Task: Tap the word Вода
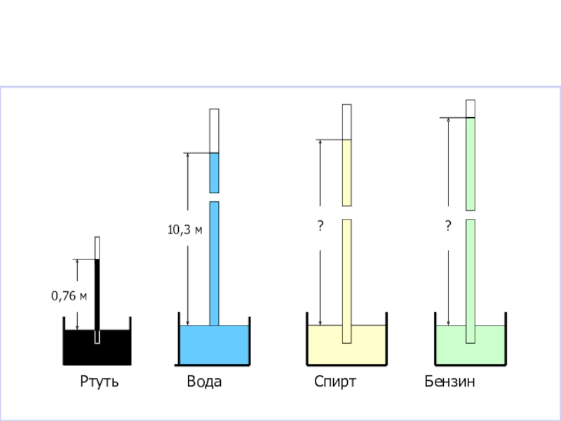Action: tap(204, 382)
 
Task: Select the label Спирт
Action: tap(335, 382)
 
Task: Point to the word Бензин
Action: tap(450, 382)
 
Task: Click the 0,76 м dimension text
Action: tap(69, 296)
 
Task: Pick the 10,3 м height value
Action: tap(184, 229)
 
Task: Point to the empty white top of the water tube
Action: tap(214, 131)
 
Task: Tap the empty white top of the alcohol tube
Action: tap(346, 121)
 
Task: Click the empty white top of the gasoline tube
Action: tap(471, 108)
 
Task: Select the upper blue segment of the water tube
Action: tap(214, 172)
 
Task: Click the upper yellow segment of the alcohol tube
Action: tap(346, 172)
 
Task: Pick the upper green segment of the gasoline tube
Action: tap(471, 163)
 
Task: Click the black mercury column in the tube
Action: tap(97, 295)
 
